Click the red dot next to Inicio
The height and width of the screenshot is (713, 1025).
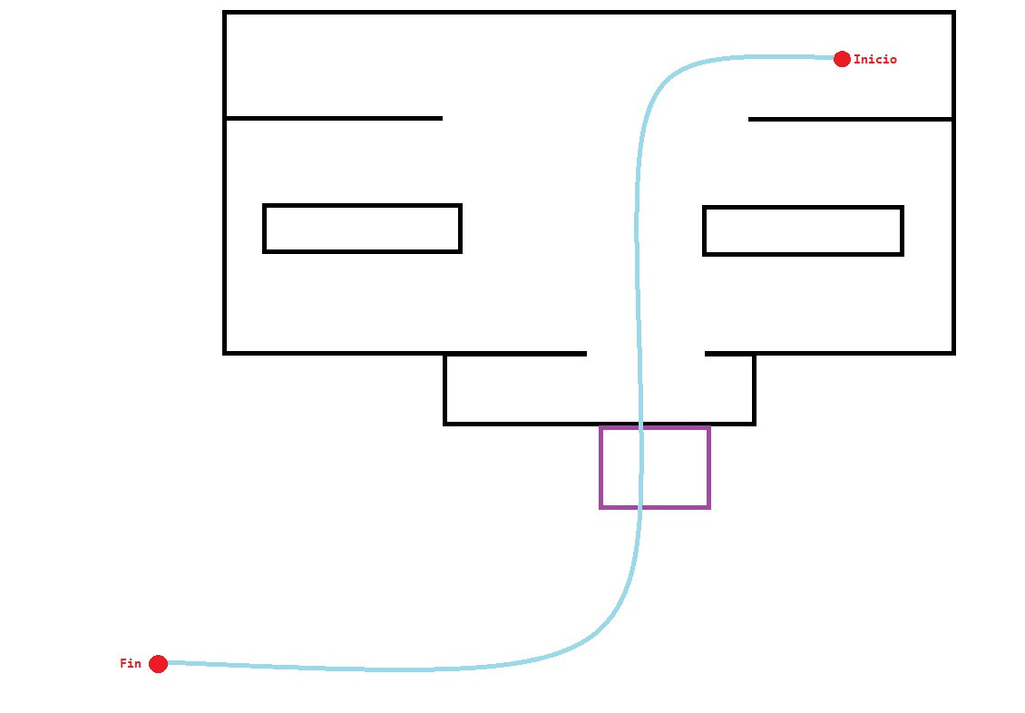[842, 59]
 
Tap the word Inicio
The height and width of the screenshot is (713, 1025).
[875, 60]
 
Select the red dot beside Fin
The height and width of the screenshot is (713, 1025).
[158, 664]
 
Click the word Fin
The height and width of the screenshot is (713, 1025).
[131, 664]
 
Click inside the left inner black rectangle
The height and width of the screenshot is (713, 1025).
[363, 229]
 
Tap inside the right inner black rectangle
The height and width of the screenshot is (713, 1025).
[803, 230]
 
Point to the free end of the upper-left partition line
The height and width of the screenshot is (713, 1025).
[442, 118]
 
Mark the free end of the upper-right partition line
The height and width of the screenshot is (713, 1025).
[749, 119]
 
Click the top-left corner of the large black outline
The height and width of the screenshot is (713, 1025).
[225, 13]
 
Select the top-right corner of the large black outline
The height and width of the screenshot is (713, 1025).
[953, 13]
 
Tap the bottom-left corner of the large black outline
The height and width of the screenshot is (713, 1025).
[225, 352]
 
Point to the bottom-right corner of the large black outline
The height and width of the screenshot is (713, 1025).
[953, 352]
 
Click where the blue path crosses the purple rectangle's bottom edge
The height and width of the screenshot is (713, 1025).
[640, 506]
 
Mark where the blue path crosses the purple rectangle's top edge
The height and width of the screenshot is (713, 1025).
[641, 427]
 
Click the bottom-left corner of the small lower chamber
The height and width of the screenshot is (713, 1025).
[445, 423]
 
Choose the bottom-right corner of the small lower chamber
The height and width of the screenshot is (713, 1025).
[754, 423]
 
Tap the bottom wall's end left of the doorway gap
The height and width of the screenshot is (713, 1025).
[586, 353]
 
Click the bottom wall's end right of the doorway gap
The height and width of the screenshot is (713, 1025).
[706, 353]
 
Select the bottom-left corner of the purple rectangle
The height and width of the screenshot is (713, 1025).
[601, 506]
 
